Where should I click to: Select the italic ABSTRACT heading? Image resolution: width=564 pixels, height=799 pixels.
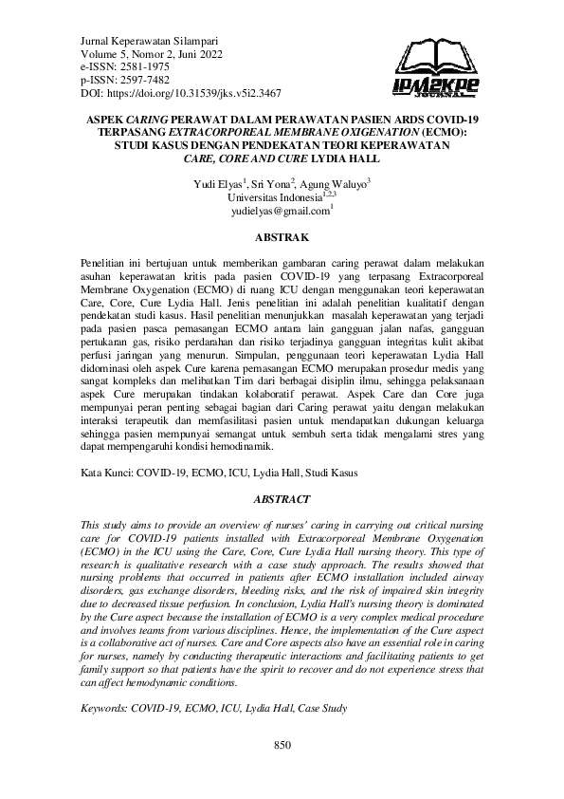point(282,497)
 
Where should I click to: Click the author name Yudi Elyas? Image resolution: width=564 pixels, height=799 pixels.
point(217,183)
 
